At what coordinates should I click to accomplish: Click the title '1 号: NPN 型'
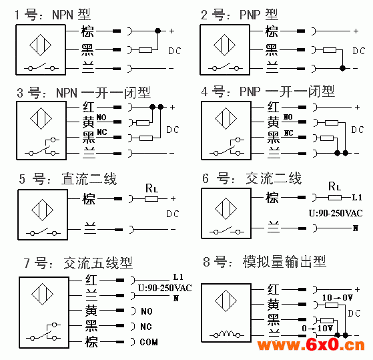pyautogui.click(x=53, y=15)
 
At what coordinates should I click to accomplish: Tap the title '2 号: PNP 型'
pyautogui.click(x=240, y=15)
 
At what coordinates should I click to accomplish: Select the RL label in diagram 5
pyautogui.click(x=151, y=188)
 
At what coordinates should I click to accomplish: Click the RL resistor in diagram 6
pyautogui.click(x=335, y=198)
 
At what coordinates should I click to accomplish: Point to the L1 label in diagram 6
pyautogui.click(x=357, y=198)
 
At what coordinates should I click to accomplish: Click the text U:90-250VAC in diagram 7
pyautogui.click(x=165, y=288)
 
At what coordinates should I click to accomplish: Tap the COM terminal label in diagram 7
pyautogui.click(x=149, y=342)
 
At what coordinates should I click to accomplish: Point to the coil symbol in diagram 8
pyautogui.click(x=226, y=334)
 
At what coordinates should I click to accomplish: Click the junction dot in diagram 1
pyautogui.click(x=157, y=31)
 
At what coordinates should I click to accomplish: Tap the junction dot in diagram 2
pyautogui.click(x=342, y=68)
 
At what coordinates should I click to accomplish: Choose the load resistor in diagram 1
pyautogui.click(x=145, y=50)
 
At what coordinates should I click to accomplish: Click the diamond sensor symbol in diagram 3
pyautogui.click(x=41, y=118)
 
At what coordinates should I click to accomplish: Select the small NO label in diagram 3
pyautogui.click(x=101, y=117)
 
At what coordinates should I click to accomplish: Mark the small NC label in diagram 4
pyautogui.click(x=288, y=133)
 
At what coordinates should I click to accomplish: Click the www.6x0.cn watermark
pyautogui.click(x=311, y=345)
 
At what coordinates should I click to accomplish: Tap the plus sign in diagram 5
pyautogui.click(x=173, y=198)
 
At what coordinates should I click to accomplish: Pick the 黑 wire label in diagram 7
pyautogui.click(x=91, y=326)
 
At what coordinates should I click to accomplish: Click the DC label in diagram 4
pyautogui.click(x=358, y=130)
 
